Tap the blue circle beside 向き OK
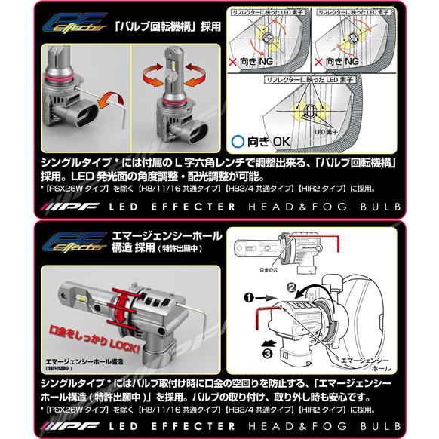coord(238,140)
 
